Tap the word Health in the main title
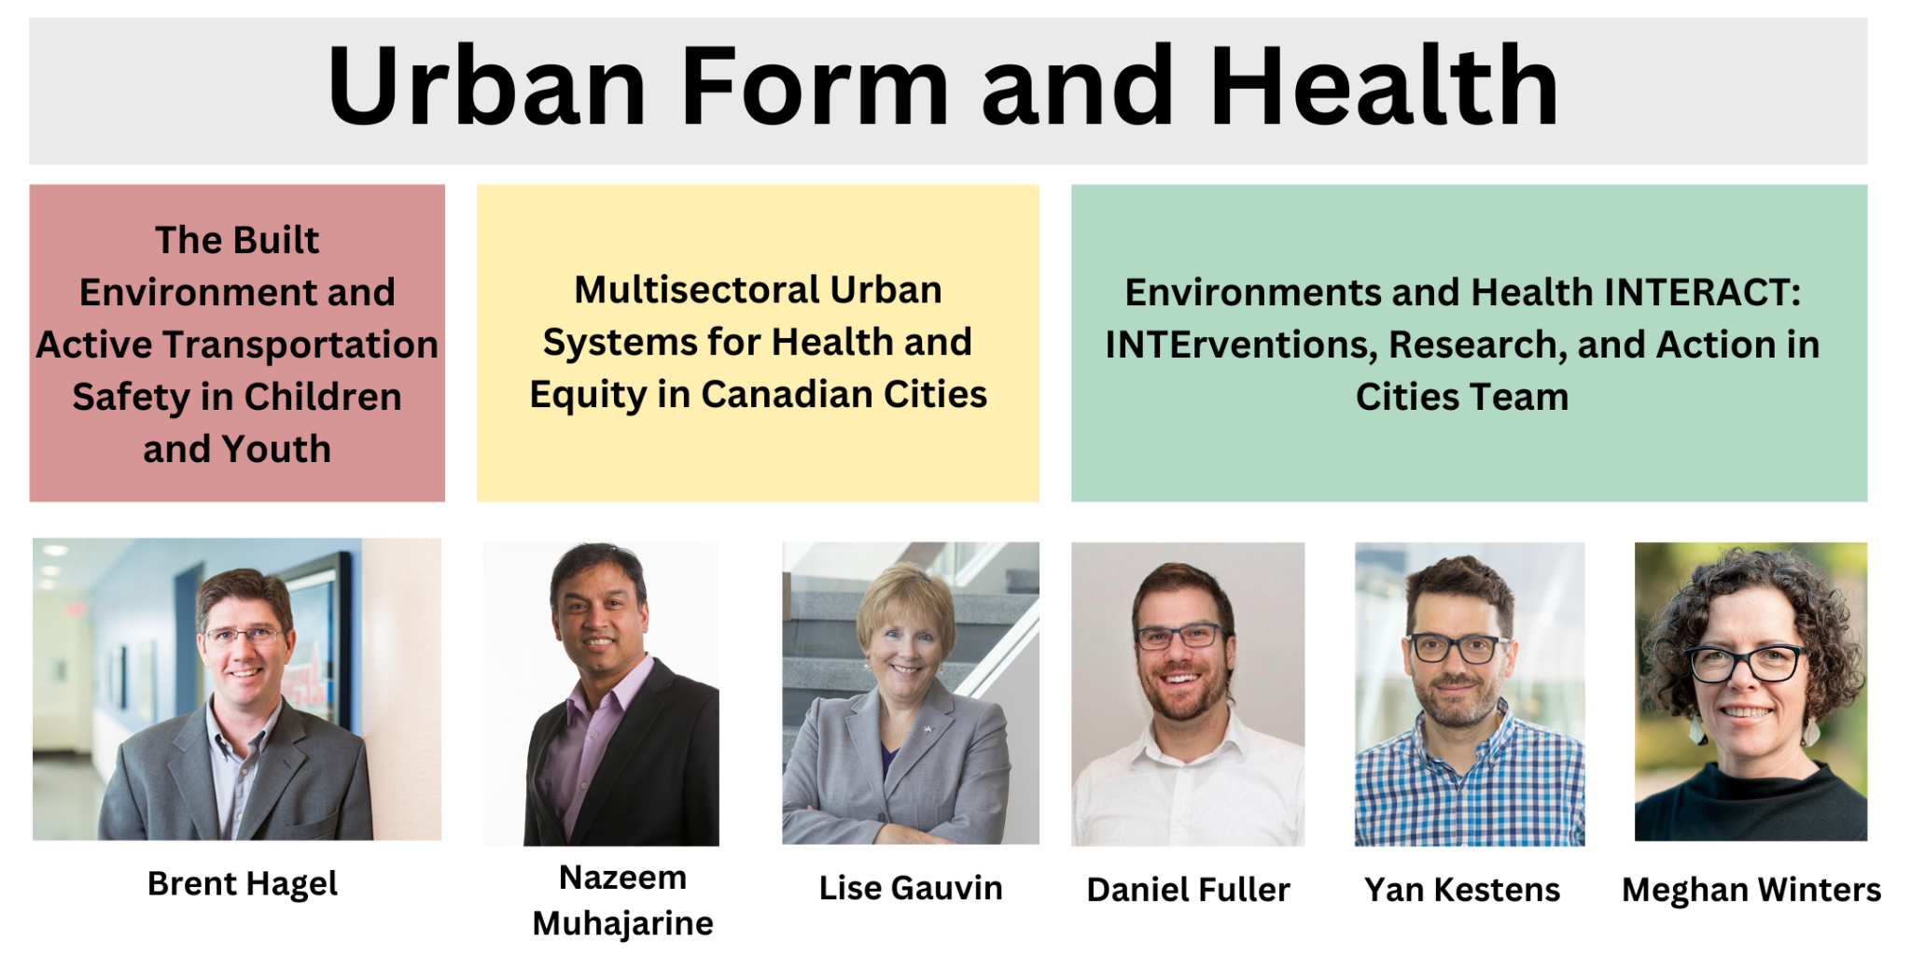[x=1384, y=86]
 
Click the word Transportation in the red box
[x=301, y=344]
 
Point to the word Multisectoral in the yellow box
[x=697, y=290]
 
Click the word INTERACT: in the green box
[x=1702, y=292]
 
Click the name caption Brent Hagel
[x=243, y=883]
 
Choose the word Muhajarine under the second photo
[x=622, y=923]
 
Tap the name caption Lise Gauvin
[x=911, y=888]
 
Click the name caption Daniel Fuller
[x=1188, y=890]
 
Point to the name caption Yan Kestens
[x=1461, y=890]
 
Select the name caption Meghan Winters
[x=1751, y=890]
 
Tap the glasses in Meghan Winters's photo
[x=1747, y=663]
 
